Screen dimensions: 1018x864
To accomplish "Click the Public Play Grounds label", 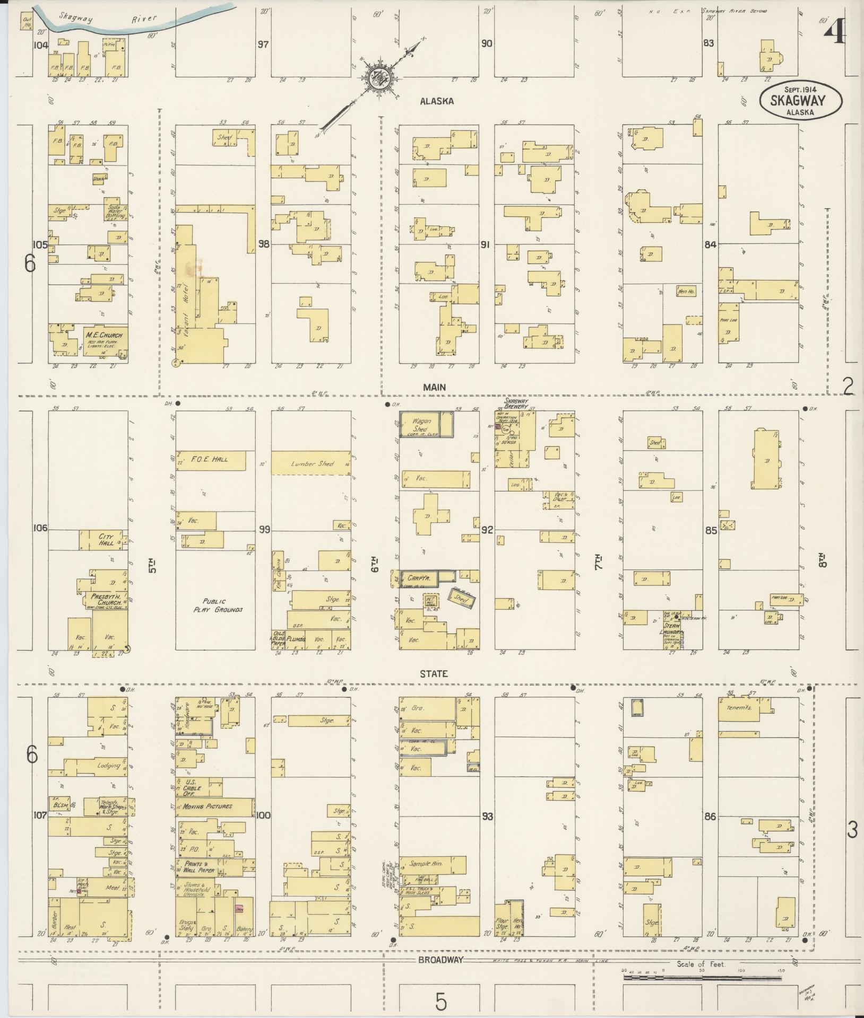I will pyautogui.click(x=215, y=605).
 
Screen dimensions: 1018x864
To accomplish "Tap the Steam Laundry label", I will pyautogui.click(x=672, y=629).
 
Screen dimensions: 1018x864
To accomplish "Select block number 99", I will pyautogui.click(x=264, y=530).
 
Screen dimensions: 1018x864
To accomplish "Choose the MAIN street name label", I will pyautogui.click(x=434, y=388).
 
